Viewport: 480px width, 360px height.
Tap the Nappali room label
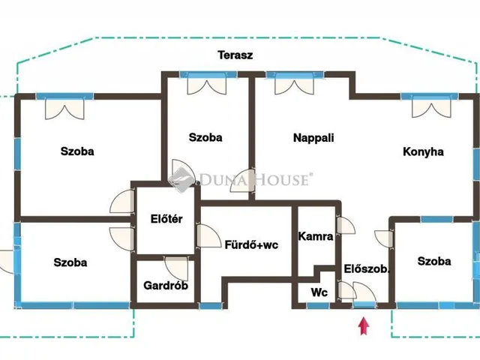313,138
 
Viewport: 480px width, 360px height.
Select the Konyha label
423,151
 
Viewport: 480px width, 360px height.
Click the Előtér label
166,219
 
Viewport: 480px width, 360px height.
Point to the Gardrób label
166,286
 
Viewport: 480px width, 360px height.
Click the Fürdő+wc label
252,245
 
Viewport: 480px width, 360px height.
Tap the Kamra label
316,236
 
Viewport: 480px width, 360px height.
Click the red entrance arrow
364,326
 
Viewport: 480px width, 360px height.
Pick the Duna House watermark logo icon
181,179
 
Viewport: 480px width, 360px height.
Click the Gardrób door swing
177,268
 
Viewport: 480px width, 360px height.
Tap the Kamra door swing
346,226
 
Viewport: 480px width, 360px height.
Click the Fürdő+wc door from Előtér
208,236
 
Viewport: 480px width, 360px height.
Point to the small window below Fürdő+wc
211,305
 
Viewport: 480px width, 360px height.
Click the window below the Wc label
318,305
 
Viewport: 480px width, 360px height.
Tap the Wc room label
319,292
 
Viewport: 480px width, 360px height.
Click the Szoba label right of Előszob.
434,261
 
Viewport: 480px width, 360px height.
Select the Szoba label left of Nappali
205,137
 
